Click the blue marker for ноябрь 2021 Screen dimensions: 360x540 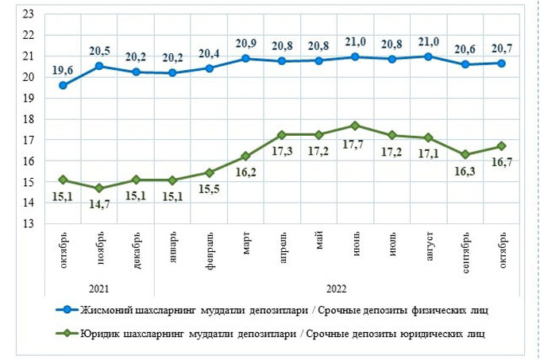[100, 66]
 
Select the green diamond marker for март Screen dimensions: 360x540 [246, 157]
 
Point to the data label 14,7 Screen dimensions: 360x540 [100, 203]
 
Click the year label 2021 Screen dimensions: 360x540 [100, 288]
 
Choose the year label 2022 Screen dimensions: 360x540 [337, 288]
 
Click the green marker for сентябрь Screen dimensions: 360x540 [466, 155]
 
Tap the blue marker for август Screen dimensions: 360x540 [430, 56]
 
